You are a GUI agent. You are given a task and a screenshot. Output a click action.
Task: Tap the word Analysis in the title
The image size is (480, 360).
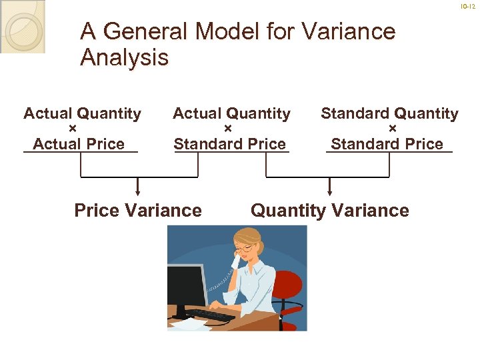click(x=124, y=58)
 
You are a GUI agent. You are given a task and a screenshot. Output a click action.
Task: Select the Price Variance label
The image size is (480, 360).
click(x=138, y=211)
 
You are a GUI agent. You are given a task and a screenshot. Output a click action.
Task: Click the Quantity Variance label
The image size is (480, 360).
click(x=329, y=211)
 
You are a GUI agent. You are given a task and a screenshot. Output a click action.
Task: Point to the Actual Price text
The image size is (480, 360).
click(x=79, y=144)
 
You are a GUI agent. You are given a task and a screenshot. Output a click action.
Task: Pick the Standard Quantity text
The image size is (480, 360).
click(x=389, y=114)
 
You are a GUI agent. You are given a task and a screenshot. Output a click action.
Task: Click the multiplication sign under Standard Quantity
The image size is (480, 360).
click(x=392, y=129)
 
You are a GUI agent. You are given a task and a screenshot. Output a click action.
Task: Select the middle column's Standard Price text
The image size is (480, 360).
click(x=229, y=144)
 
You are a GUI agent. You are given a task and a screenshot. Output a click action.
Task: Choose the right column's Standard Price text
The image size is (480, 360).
click(x=387, y=144)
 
